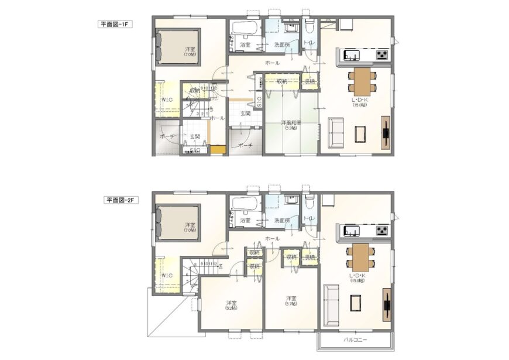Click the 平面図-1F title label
[x=116, y=25]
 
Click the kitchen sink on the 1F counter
[x=352, y=56]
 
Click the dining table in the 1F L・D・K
[x=362, y=80]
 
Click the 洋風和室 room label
[x=291, y=123]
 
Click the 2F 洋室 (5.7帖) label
[x=290, y=300]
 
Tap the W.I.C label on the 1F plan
[x=167, y=100]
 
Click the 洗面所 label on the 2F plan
[x=283, y=220]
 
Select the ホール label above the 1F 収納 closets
[x=271, y=63]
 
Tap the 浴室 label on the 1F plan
[x=245, y=44]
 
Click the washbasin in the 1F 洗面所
[x=290, y=27]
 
